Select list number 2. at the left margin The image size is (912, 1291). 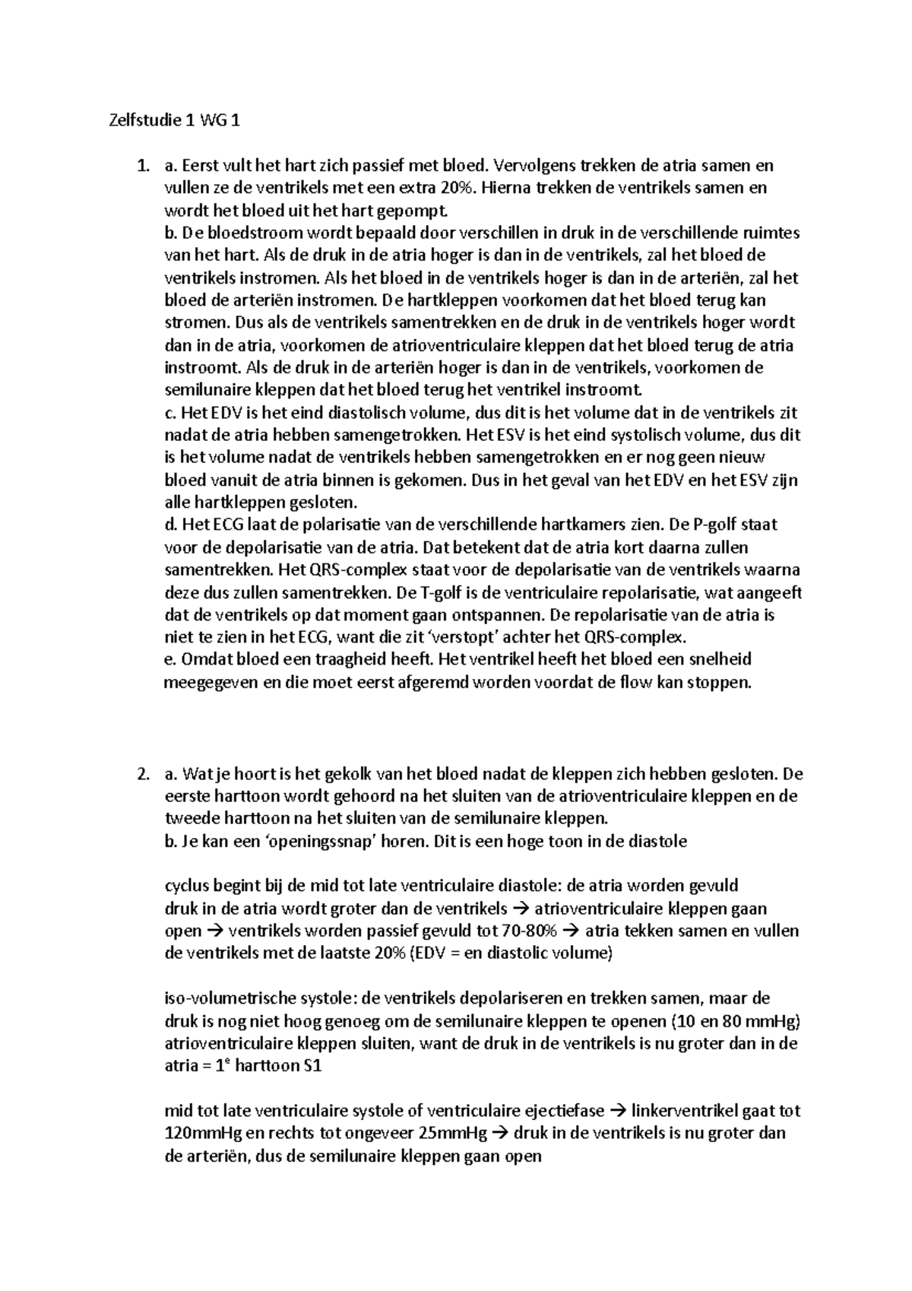pyautogui.click(x=143, y=775)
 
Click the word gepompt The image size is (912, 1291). pyautogui.click(x=415, y=211)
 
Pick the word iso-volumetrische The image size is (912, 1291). pyautogui.click(x=229, y=998)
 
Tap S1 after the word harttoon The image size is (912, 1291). pyautogui.click(x=312, y=1066)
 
